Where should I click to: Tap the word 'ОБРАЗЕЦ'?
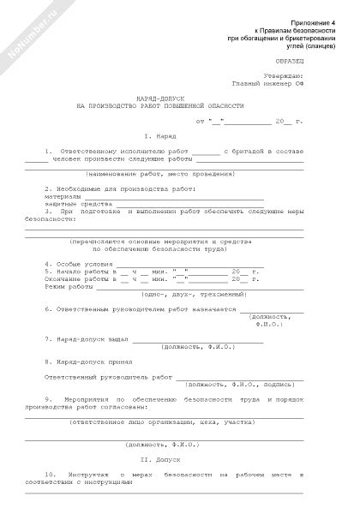[x=287, y=62]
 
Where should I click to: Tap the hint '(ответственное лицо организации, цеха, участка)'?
[x=160, y=421]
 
